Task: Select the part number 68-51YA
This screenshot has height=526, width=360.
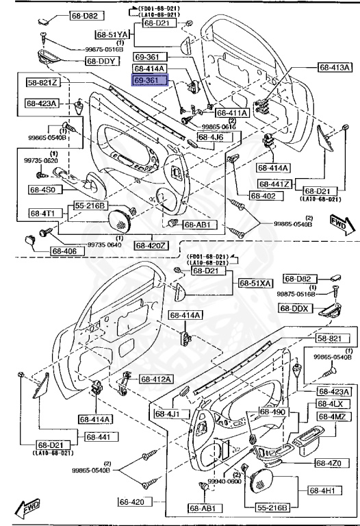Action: coord(112,34)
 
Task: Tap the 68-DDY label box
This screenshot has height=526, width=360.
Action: coord(103,61)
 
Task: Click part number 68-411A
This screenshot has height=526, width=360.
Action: coord(233,113)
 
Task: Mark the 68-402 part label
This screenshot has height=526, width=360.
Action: coord(264,196)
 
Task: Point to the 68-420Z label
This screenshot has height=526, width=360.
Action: coord(152,245)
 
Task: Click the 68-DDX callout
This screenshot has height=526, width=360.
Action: coord(296,308)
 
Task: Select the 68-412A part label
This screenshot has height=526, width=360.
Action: coord(157,379)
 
